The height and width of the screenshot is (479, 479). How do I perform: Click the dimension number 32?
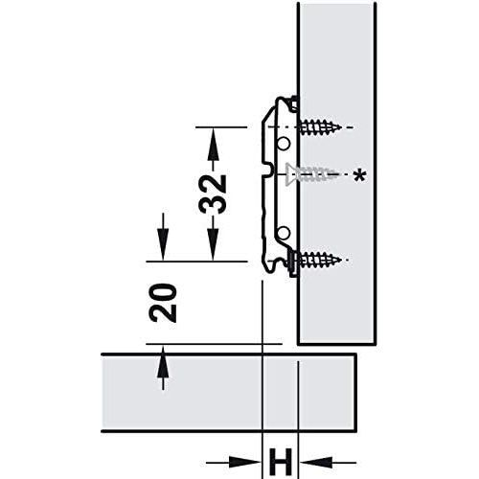click(x=213, y=194)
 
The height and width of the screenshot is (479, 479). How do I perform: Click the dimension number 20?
click(x=163, y=303)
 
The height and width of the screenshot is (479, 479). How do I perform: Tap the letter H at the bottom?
click(x=281, y=462)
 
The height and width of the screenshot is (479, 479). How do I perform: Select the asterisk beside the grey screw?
click(x=359, y=176)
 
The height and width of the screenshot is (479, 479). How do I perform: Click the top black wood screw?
click(x=319, y=127)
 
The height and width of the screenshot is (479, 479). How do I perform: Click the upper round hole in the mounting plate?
click(x=283, y=144)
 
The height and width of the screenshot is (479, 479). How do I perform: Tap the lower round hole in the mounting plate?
click(x=283, y=233)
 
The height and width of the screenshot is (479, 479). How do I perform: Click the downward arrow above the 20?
click(x=163, y=237)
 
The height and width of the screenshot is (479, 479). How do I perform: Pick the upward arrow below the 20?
click(x=163, y=367)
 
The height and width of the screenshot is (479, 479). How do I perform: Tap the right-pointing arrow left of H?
click(x=233, y=462)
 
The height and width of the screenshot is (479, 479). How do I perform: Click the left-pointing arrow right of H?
click(x=328, y=462)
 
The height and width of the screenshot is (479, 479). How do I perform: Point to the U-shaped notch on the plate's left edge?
click(x=268, y=170)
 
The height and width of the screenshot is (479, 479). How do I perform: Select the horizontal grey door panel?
click(x=229, y=393)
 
